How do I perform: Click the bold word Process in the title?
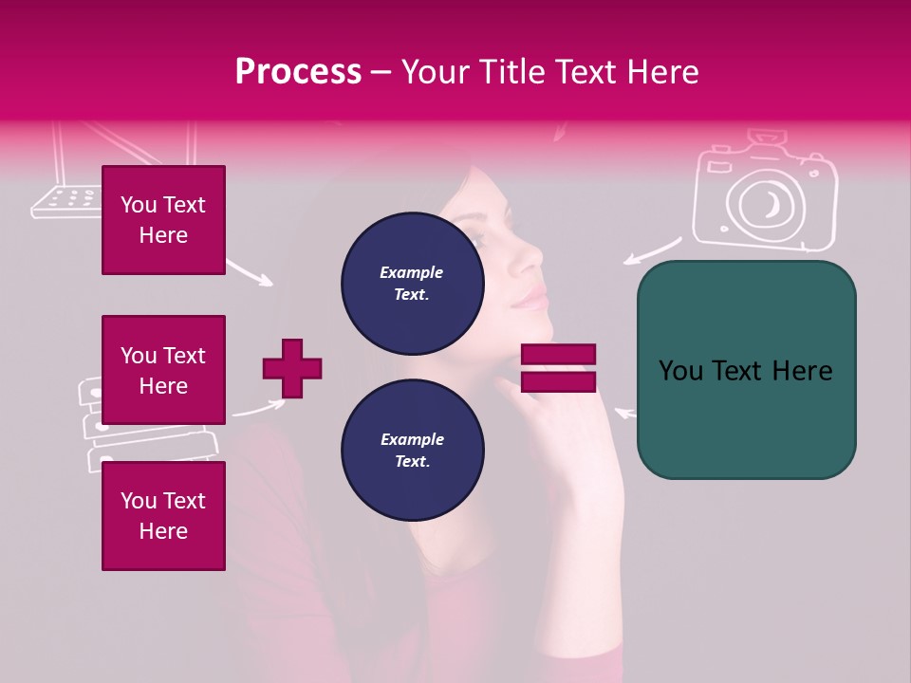[298, 72]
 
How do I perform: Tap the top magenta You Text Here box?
[163, 220]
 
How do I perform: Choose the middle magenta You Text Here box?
[163, 370]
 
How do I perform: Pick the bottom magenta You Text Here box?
[163, 516]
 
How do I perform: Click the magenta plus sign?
[292, 368]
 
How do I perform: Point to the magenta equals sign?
[558, 368]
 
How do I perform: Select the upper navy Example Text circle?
[413, 283]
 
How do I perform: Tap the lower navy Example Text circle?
[413, 450]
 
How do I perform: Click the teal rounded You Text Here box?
[746, 370]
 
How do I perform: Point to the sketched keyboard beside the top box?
[65, 200]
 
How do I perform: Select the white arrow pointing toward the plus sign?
[259, 408]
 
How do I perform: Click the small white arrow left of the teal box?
[624, 413]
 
